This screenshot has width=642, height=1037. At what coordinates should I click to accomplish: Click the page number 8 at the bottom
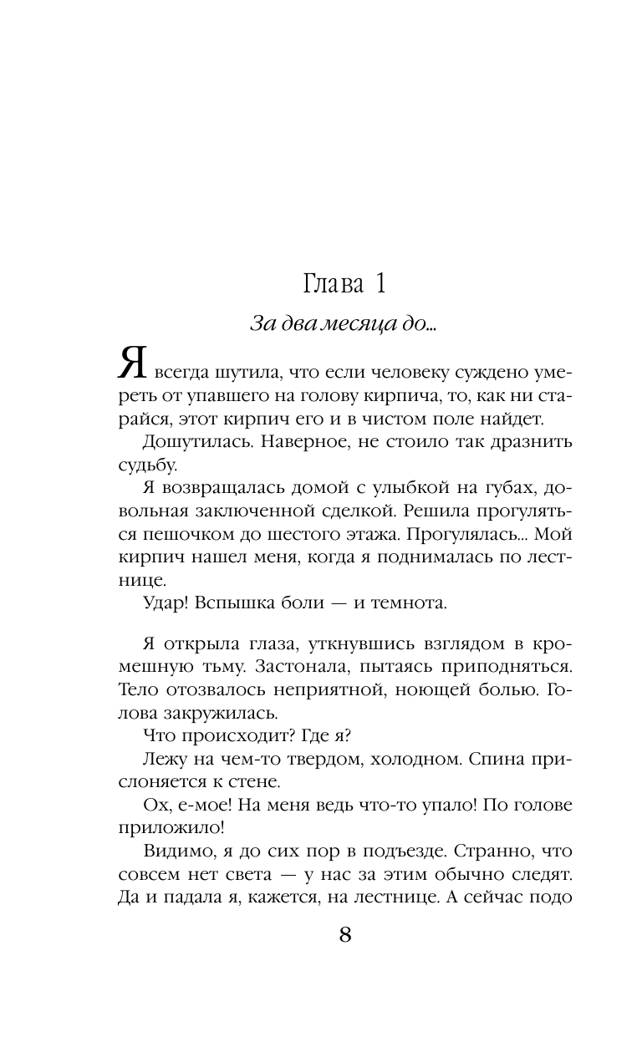click(x=345, y=933)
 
